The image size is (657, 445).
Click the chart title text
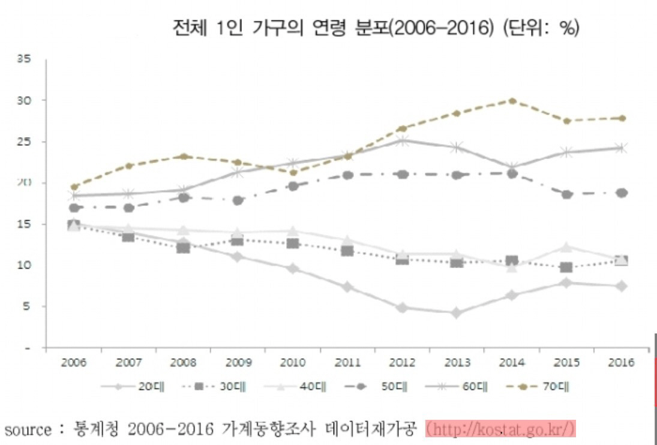pyautogui.click(x=375, y=28)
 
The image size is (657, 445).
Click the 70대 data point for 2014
pyautogui.click(x=512, y=101)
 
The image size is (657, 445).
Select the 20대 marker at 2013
pyautogui.click(x=457, y=313)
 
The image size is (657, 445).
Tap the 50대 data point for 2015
pyautogui.click(x=567, y=194)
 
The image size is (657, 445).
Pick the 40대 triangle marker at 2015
pyautogui.click(x=567, y=246)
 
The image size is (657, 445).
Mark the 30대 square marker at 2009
pyautogui.click(x=238, y=240)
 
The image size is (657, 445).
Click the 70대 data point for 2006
pyautogui.click(x=74, y=187)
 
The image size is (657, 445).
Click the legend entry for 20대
pyautogui.click(x=129, y=387)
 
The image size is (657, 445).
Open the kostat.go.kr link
pyautogui.click(x=500, y=429)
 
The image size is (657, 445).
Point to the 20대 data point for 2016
pyautogui.click(x=622, y=286)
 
